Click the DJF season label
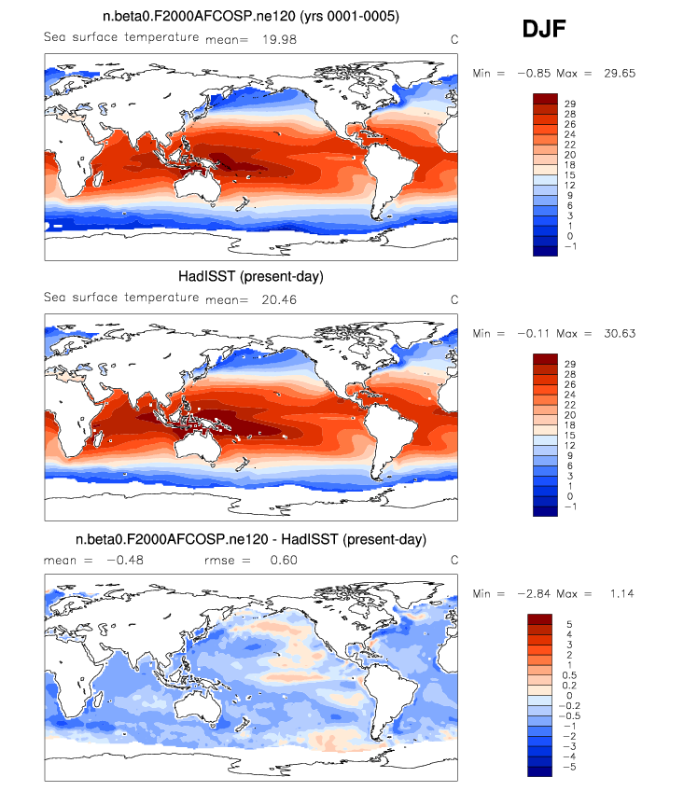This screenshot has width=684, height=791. [x=544, y=29]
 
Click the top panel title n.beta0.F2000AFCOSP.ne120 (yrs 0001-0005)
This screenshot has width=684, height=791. [x=251, y=16]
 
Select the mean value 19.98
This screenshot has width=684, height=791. [x=279, y=39]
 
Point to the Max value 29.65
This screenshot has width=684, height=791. [x=620, y=73]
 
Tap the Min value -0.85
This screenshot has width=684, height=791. [x=534, y=73]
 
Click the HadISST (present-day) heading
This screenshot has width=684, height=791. [x=251, y=276]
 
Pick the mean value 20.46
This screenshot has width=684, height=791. [x=279, y=299]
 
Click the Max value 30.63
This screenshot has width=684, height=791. [x=620, y=333]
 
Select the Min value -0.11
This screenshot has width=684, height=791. [x=534, y=333]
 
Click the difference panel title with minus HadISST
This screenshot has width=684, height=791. [x=251, y=539]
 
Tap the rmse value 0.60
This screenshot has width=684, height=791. [x=284, y=560]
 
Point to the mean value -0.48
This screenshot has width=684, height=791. [x=125, y=560]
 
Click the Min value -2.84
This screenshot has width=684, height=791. [x=534, y=594]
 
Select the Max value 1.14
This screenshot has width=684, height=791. [x=621, y=594]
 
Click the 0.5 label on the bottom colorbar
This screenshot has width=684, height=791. [x=569, y=675]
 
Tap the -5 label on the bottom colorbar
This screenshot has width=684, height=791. [x=569, y=767]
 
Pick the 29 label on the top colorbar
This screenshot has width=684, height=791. [x=570, y=104]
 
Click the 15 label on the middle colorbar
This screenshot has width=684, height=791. [x=570, y=436]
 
